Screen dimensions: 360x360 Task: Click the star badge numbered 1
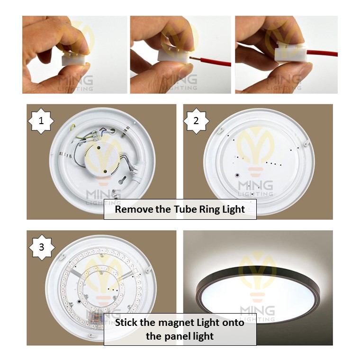coord(41,121)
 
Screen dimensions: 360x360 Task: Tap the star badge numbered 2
coord(196,121)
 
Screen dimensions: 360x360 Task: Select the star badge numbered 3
coord(42,247)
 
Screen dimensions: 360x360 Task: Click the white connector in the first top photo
coord(72,58)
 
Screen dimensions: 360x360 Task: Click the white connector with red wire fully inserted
coord(291,52)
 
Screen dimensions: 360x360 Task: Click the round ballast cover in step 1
coord(103,158)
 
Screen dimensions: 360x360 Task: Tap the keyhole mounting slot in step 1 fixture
coord(122,180)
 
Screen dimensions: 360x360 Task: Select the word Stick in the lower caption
coord(126,323)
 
